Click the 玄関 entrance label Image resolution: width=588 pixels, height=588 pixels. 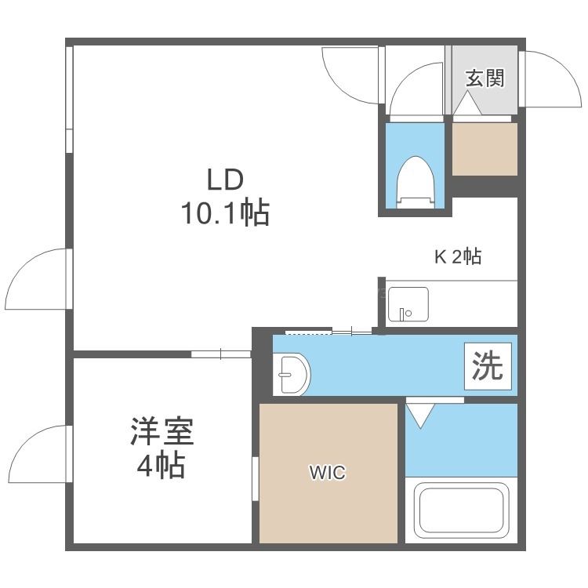[x=485, y=78]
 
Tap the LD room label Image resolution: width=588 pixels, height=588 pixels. [x=225, y=180]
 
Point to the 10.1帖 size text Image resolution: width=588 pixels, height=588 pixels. [x=225, y=212]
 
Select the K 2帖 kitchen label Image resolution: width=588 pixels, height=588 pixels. [x=458, y=257]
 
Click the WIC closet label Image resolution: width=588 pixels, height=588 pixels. [x=328, y=473]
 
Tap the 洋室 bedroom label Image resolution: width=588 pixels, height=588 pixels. [x=162, y=431]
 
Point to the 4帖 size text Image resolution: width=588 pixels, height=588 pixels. [x=161, y=466]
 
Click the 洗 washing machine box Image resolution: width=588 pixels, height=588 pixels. [x=488, y=366]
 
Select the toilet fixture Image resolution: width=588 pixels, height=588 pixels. [x=415, y=182]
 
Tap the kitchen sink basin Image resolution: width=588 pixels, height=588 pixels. [x=408, y=304]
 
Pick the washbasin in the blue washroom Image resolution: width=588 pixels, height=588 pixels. [x=292, y=374]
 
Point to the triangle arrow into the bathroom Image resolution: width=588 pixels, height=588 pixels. [x=420, y=416]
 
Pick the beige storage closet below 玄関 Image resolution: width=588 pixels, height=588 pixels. [x=485, y=149]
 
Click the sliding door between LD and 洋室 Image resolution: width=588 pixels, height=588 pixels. [x=221, y=354]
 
